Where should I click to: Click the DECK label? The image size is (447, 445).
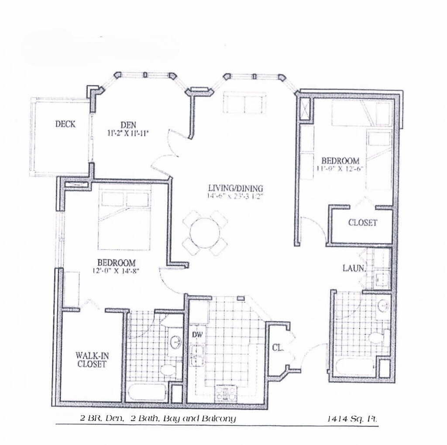(65, 124)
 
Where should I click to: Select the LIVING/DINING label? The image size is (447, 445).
(235, 188)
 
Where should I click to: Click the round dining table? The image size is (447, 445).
(205, 233)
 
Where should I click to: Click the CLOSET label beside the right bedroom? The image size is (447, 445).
(362, 223)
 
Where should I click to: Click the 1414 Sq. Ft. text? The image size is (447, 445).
(352, 419)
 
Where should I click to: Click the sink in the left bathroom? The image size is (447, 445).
(175, 342)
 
